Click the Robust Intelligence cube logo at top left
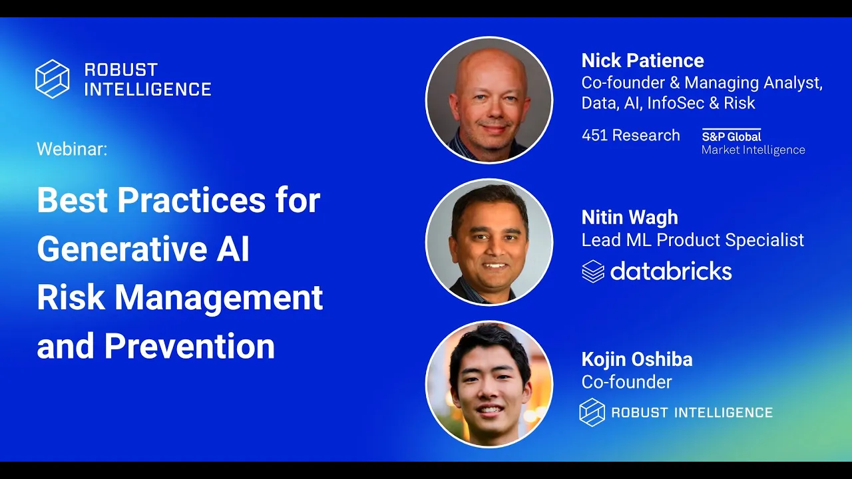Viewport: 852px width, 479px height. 53,79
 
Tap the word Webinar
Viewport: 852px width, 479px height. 71,148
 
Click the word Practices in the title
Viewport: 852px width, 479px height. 191,200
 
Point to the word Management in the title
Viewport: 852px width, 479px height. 219,299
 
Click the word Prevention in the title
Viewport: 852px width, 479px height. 190,346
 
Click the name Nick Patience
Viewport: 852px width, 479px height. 643,61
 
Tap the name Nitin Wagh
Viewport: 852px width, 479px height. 630,218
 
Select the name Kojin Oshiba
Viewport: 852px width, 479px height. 637,360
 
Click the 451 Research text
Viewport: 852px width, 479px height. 630,135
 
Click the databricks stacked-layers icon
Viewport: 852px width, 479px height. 593,271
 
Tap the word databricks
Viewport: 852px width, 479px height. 671,271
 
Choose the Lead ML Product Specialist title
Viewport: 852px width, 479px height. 693,240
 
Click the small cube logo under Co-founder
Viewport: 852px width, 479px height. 592,412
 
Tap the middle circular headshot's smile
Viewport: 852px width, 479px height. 494,265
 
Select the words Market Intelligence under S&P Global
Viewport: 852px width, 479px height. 753,150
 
